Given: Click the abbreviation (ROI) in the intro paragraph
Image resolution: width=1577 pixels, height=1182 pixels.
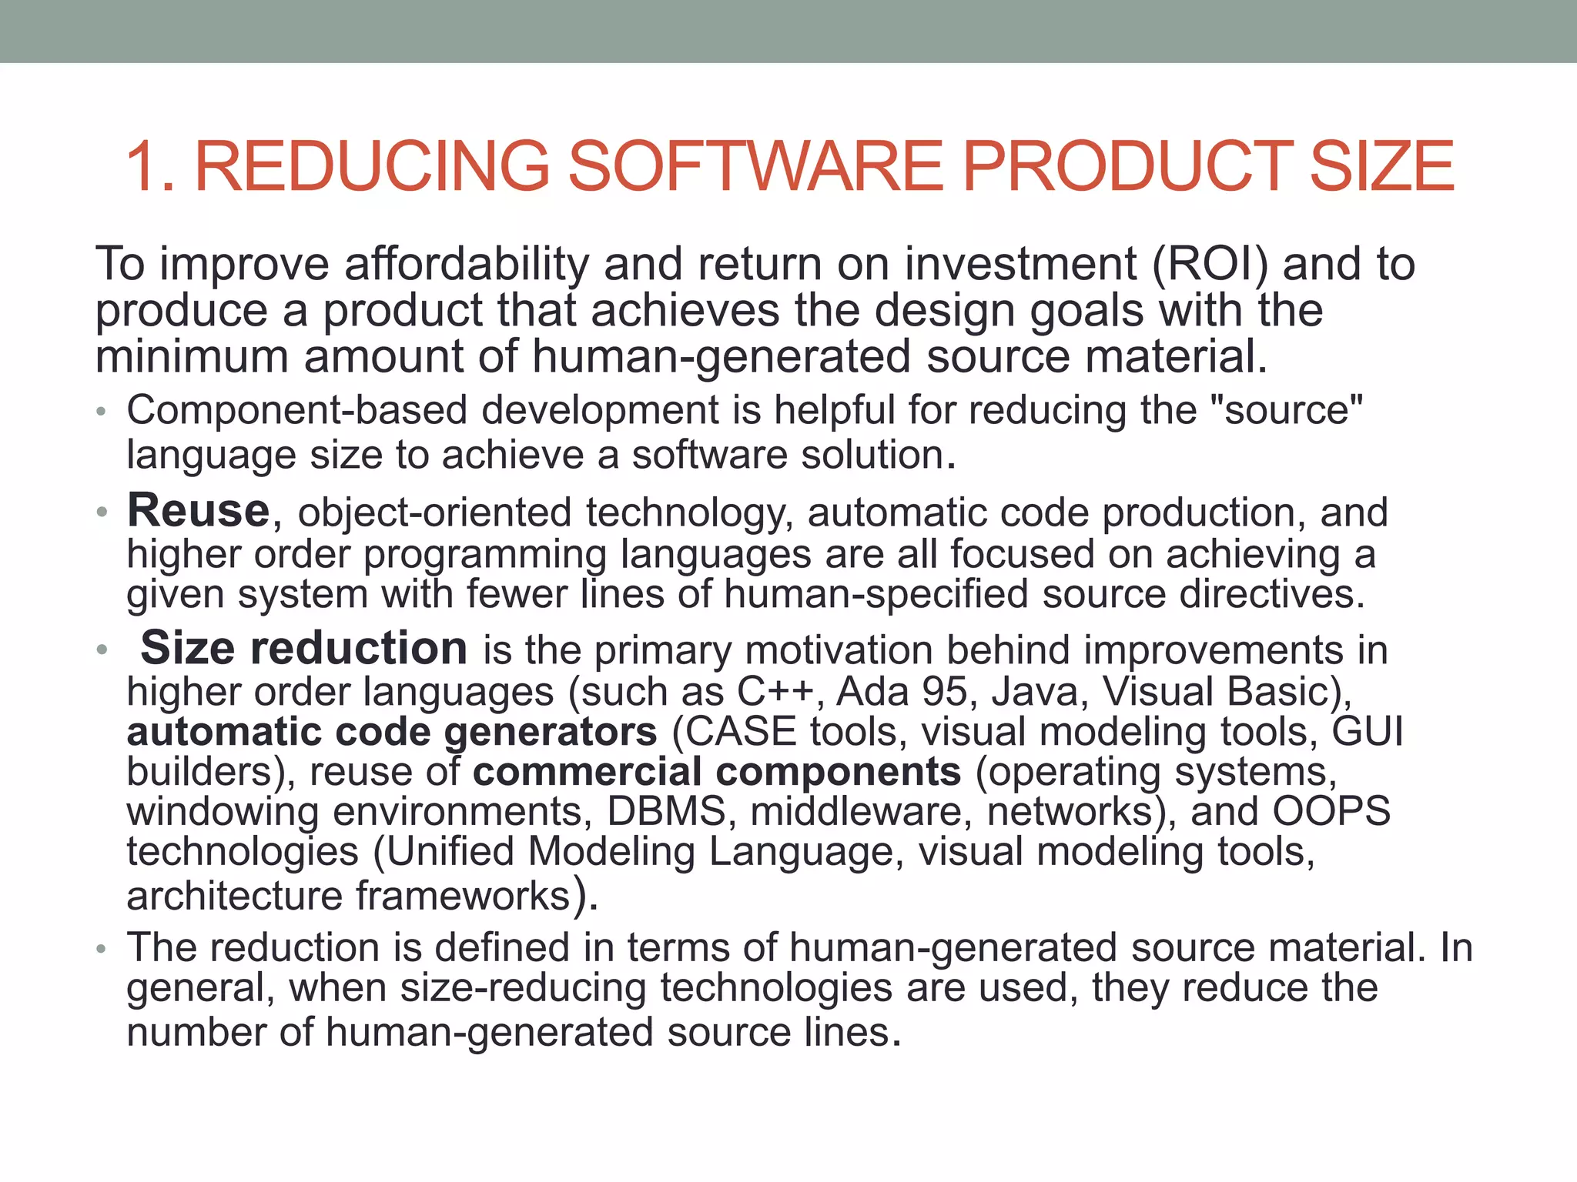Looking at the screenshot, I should (1210, 264).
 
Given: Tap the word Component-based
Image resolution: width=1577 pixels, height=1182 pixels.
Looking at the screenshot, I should (297, 410).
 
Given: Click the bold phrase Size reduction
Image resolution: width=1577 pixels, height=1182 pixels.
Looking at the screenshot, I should (303, 648).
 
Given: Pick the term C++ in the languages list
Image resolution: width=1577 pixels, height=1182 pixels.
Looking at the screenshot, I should (774, 691).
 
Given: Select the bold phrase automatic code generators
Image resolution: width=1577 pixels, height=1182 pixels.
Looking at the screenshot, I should (392, 731).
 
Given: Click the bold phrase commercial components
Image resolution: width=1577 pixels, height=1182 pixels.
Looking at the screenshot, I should (717, 771).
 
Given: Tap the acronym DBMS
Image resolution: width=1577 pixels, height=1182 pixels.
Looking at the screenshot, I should (666, 811).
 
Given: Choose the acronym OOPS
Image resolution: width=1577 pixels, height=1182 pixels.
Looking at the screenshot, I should (1331, 811).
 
